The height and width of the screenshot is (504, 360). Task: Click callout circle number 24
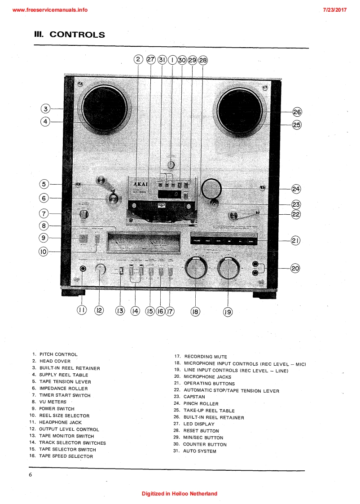[295, 189]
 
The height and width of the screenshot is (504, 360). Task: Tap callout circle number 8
[44, 226]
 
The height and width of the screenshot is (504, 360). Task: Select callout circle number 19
[228, 311]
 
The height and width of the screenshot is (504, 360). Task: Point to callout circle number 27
[151, 60]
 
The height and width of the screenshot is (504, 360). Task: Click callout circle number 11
[82, 310]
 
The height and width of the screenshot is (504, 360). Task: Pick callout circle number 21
[295, 241]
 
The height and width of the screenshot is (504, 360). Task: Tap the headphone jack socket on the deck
[83, 269]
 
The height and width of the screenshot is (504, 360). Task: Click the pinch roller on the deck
[211, 189]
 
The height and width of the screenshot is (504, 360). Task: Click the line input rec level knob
[228, 270]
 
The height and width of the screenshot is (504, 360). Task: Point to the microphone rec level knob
[196, 270]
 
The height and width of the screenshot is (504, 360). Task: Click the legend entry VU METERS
[53, 402]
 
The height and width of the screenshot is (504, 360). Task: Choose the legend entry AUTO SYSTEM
[199, 451]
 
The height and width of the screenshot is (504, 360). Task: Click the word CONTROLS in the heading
[77, 35]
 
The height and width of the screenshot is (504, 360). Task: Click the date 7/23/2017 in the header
[334, 10]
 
